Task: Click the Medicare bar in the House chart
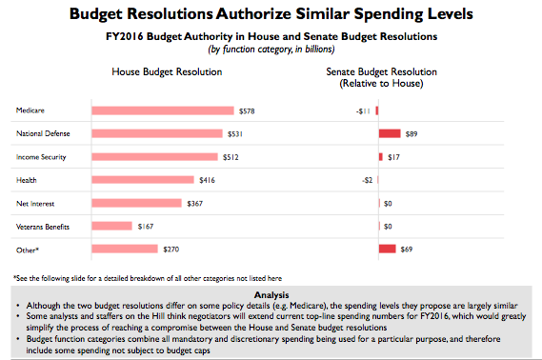162,110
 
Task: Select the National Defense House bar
156,133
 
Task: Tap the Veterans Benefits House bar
111,226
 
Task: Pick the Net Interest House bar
136,202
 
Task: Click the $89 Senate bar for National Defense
390,133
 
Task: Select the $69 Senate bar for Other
387,249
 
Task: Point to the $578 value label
247,110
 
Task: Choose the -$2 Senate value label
368,179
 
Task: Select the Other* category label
28,249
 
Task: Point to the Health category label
27,179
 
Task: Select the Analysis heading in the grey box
271,294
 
